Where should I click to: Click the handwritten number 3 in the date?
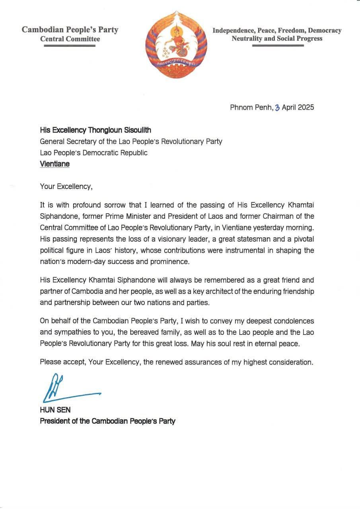tap(277, 107)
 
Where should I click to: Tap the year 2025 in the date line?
tap(306, 107)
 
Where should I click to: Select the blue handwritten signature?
tap(64, 388)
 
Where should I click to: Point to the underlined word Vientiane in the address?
tap(54, 163)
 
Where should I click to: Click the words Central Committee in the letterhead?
tap(70, 39)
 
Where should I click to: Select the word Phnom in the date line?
tap(240, 107)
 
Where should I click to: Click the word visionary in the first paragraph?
tap(163, 239)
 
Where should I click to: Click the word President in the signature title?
tap(54, 421)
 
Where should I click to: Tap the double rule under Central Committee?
tap(70, 46)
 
